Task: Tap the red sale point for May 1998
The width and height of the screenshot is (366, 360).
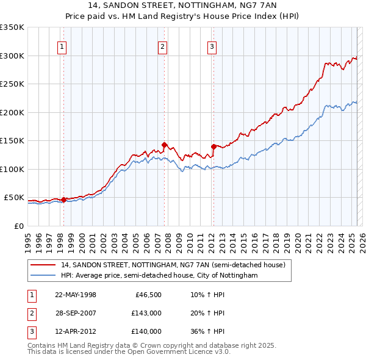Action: tap(63, 200)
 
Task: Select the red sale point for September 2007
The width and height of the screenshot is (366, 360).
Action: tap(164, 145)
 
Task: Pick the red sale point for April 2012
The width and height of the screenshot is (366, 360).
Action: tap(213, 146)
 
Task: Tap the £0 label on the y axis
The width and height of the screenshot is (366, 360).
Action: tap(18, 226)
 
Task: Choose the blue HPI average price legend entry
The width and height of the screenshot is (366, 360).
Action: tap(159, 276)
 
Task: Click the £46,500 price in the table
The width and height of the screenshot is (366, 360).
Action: tap(146, 295)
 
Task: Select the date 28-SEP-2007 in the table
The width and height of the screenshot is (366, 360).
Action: tap(76, 313)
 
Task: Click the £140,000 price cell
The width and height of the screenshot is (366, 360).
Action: tap(146, 331)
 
